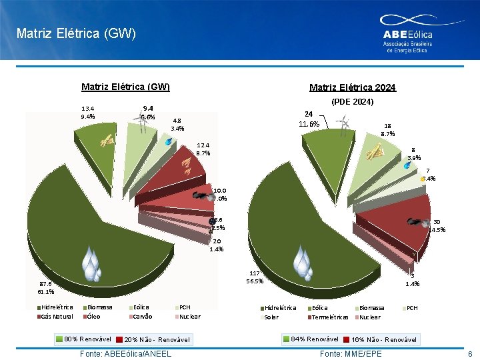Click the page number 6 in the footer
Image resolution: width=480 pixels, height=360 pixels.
click(469, 353)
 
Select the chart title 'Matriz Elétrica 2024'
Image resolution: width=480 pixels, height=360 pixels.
click(353, 87)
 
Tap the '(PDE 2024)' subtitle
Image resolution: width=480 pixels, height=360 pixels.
click(353, 102)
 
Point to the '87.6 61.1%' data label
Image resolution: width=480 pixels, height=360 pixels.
click(46, 287)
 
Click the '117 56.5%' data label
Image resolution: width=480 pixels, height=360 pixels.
click(255, 277)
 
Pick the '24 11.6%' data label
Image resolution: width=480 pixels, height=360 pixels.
click(309, 119)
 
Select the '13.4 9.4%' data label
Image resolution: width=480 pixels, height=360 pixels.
click(87, 112)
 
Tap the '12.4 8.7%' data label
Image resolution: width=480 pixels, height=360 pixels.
click(203, 149)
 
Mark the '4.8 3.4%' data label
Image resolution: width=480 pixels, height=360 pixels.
click(177, 125)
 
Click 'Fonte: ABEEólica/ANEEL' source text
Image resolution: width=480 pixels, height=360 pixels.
click(125, 353)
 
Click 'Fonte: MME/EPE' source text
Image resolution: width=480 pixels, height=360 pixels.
click(351, 353)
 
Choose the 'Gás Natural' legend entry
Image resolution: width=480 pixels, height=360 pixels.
click(57, 317)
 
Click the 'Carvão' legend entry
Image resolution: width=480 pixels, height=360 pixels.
click(143, 317)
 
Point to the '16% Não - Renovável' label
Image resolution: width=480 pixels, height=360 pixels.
click(383, 340)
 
